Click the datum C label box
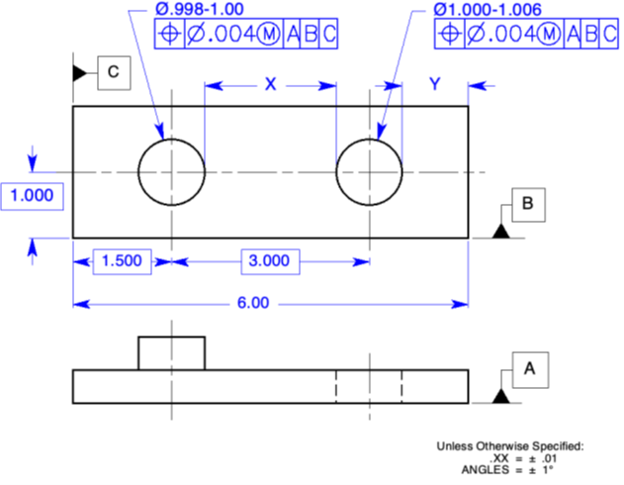point(113,72)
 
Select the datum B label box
point(527,204)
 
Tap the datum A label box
point(527,369)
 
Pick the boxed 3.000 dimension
point(268,261)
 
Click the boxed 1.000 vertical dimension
point(32,195)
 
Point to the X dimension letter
point(270,85)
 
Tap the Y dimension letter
point(434,85)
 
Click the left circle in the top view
point(171,171)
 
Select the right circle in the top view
point(369,171)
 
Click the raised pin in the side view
point(171,352)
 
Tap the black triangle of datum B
point(500,232)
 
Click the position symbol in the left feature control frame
point(169,35)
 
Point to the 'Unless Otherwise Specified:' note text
point(510,446)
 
